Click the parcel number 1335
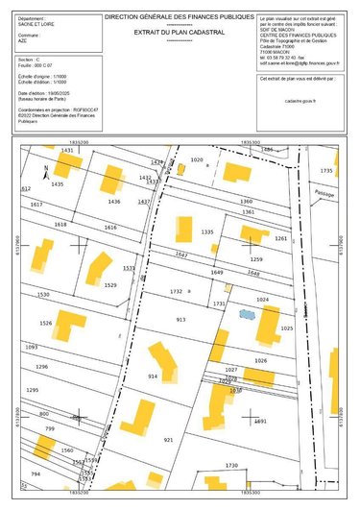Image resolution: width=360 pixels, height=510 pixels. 207,232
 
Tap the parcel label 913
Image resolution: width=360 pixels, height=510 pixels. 180,319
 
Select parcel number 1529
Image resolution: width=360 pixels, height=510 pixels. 110,285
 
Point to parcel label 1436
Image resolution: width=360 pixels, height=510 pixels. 114,202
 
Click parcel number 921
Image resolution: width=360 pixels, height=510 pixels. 169,439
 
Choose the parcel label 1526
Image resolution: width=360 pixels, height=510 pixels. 45,324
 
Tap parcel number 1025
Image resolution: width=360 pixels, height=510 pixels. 286,328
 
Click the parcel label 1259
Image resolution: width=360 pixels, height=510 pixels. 256,259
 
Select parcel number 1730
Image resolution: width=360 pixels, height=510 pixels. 231,465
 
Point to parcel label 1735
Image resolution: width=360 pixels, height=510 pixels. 327,170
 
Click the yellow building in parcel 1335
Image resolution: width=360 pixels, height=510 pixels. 182,231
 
